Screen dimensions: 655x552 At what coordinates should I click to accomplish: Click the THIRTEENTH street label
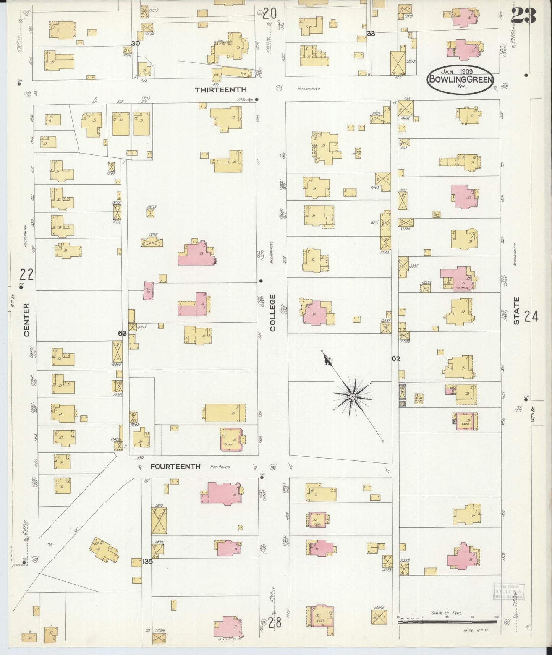click(221, 90)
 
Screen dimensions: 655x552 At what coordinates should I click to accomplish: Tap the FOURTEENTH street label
click(175, 467)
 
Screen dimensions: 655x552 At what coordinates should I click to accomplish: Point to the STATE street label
click(516, 311)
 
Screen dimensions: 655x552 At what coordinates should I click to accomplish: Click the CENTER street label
click(26, 320)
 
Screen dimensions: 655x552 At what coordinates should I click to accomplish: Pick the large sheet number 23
click(523, 16)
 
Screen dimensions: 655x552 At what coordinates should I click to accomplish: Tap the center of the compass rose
click(352, 397)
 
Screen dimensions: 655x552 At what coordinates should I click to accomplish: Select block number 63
click(122, 333)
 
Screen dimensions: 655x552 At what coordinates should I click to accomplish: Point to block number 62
click(396, 358)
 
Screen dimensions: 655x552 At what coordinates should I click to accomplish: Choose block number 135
click(147, 561)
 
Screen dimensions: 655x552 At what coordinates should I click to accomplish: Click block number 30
click(135, 44)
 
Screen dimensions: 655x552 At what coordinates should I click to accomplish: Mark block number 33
click(370, 34)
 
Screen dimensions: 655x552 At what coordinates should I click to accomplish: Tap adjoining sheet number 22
click(27, 274)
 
